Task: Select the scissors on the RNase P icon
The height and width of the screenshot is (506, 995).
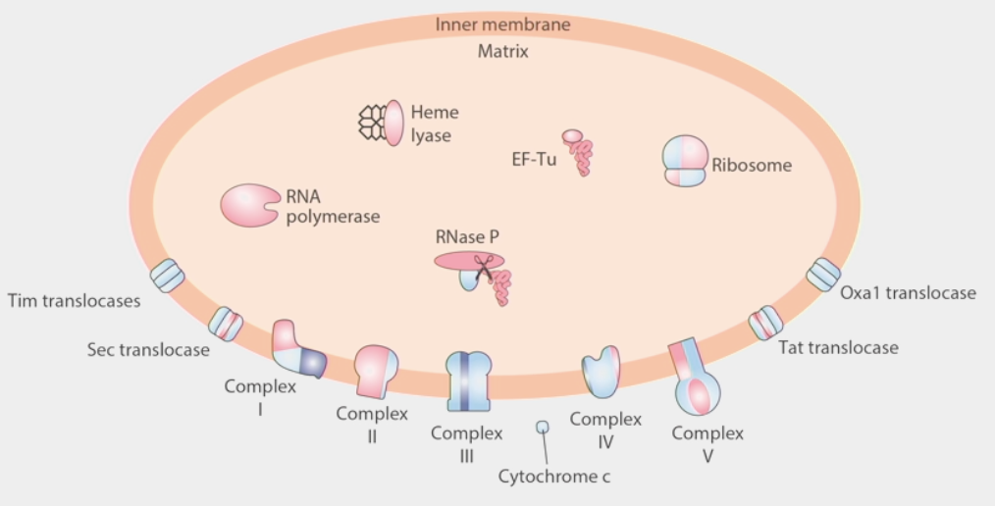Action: pos(483,268)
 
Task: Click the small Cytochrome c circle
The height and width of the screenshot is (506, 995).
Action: pos(542,427)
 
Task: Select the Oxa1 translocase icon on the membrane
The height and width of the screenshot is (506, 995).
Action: pos(823,275)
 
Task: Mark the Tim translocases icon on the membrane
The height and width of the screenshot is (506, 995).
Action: pos(167,276)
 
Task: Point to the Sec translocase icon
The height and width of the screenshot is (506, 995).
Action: pos(226,323)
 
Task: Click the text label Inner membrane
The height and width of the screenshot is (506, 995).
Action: pos(502,24)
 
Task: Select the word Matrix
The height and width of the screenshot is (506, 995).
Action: pos(502,52)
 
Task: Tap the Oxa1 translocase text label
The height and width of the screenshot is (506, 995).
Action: pos(908,293)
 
